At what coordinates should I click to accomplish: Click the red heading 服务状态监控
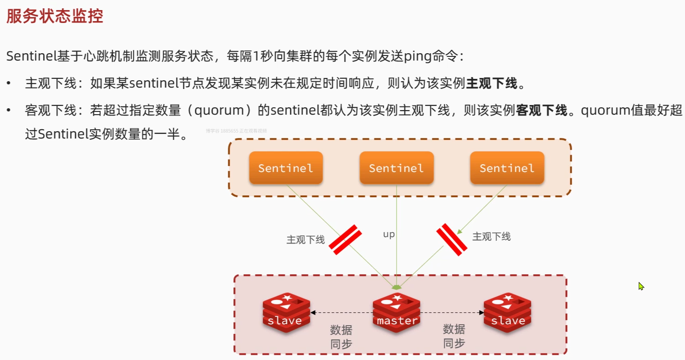(55, 17)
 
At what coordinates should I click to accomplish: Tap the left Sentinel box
(286, 168)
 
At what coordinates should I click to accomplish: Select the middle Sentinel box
(396, 168)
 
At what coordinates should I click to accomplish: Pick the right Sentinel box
(507, 168)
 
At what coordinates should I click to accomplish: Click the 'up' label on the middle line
(389, 234)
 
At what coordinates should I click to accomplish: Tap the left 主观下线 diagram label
(305, 239)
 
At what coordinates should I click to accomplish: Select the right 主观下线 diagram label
(491, 237)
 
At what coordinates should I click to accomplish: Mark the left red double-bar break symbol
(345, 239)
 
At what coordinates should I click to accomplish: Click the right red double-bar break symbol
(452, 239)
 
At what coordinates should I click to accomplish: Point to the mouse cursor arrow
(641, 286)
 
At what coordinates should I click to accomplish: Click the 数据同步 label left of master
(341, 337)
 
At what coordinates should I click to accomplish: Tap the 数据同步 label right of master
(454, 336)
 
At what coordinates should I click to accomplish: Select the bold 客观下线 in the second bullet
(542, 111)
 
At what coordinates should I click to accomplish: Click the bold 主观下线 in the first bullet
(492, 83)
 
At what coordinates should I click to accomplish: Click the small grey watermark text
(236, 131)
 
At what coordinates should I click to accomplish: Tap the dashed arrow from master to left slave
(342, 313)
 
